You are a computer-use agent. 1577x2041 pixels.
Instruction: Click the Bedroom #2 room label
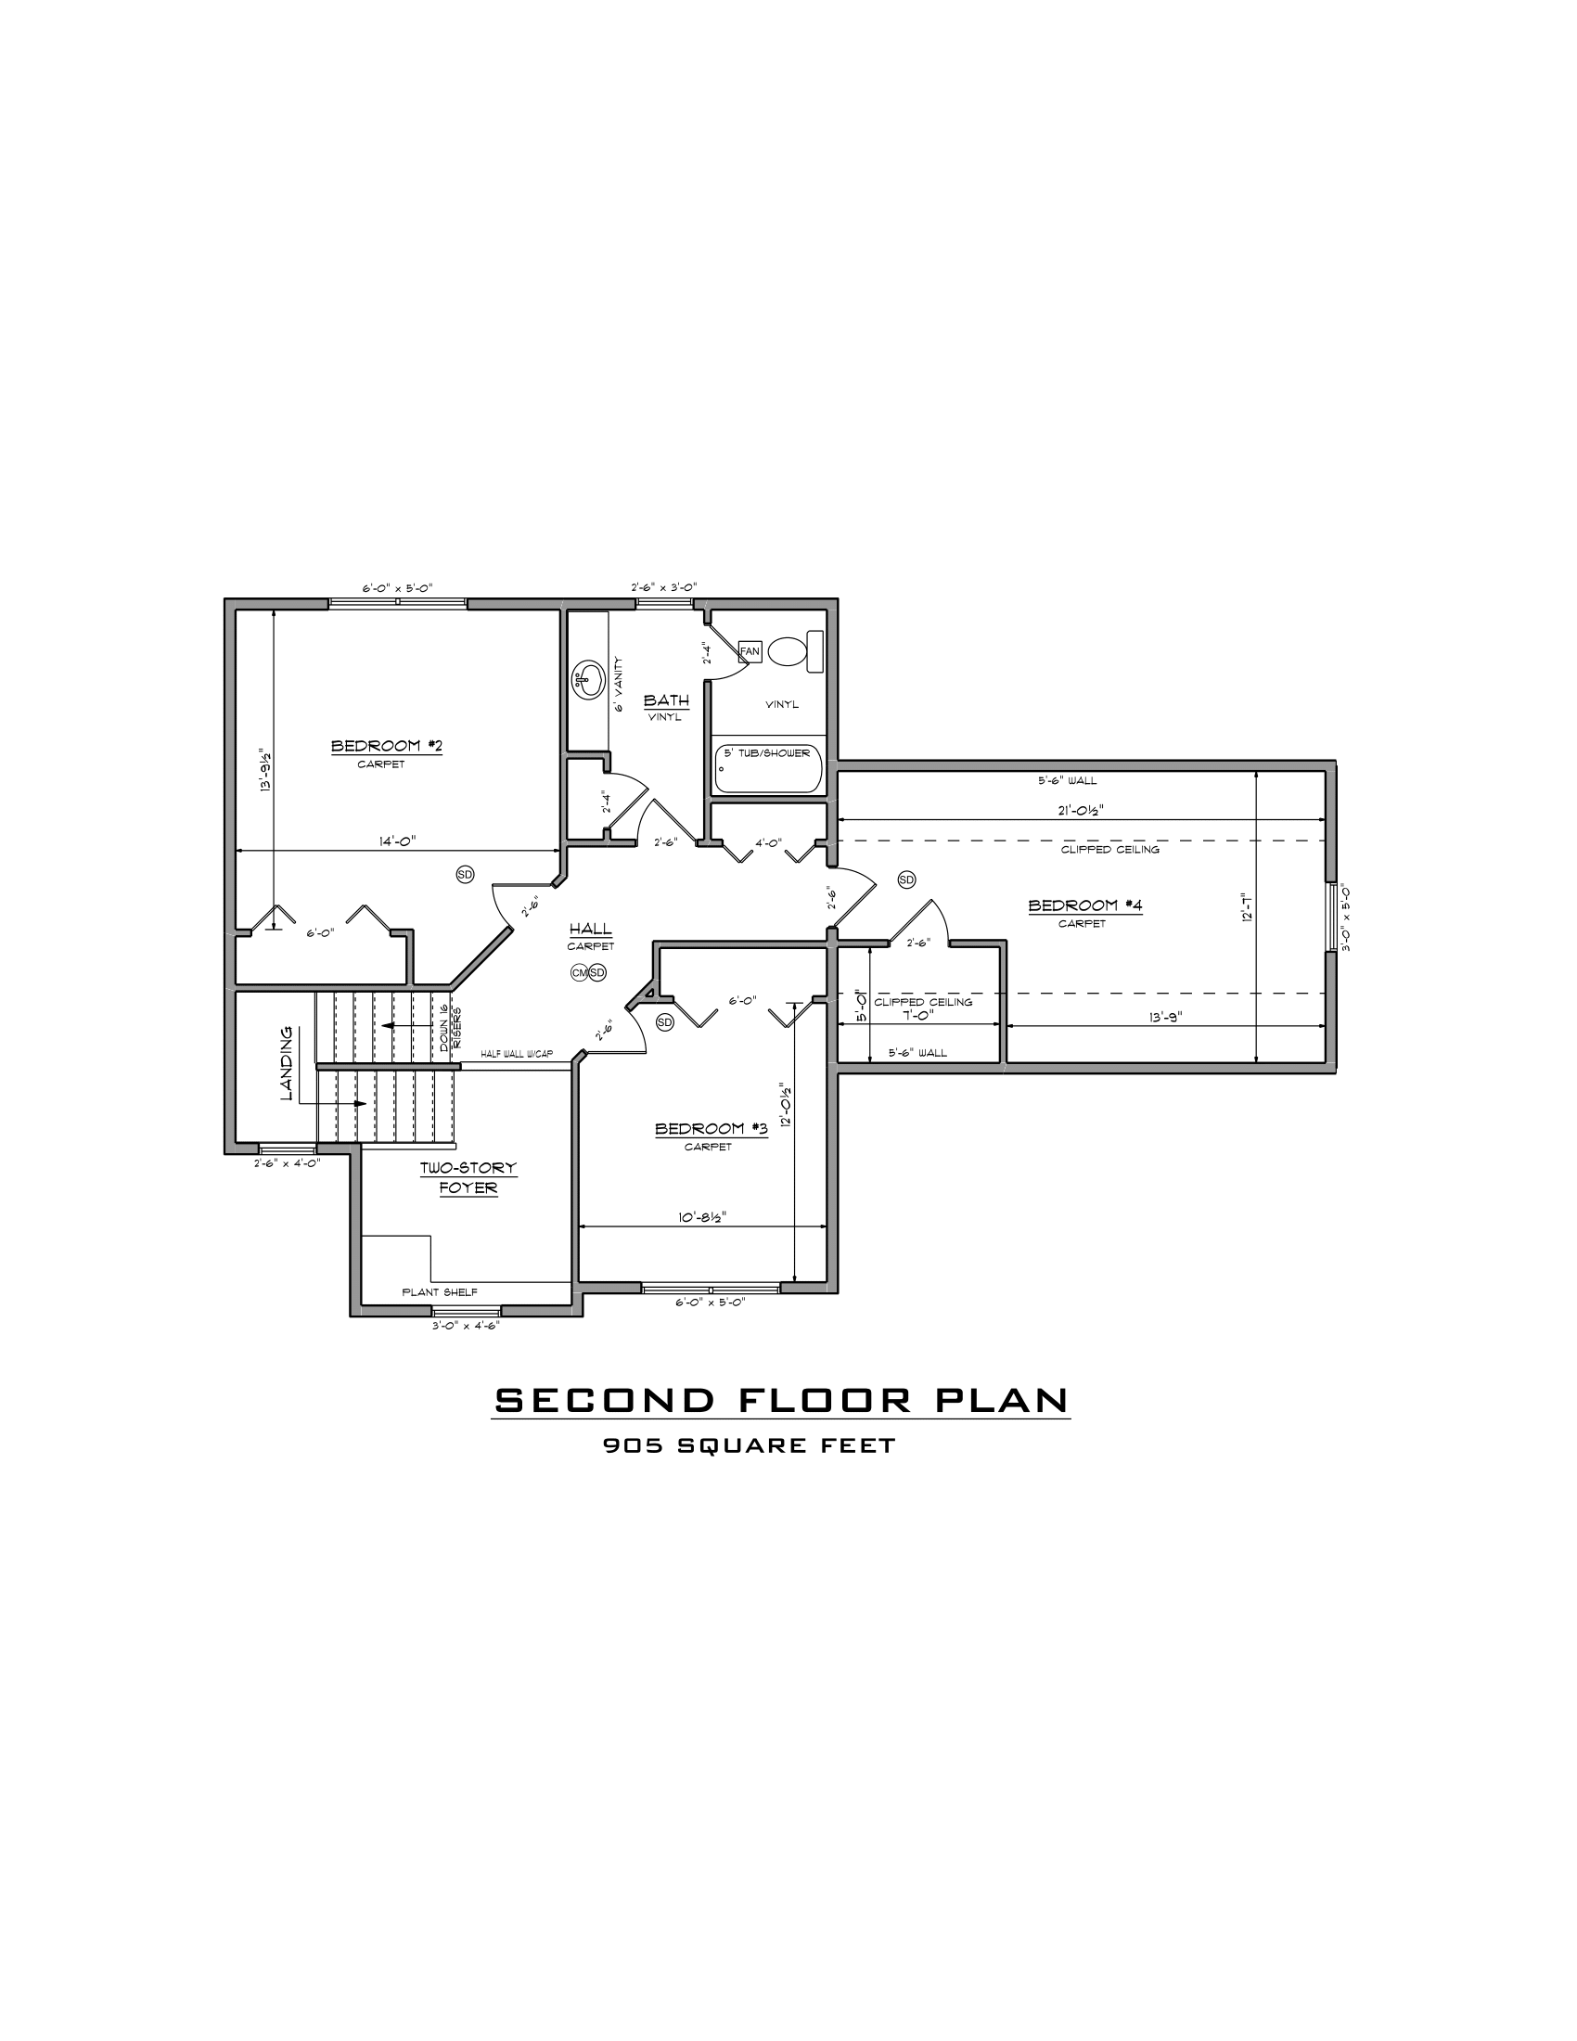coord(386,746)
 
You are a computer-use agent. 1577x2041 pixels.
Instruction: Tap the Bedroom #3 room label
coord(711,1129)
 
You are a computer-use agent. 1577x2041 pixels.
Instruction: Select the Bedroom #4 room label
coord(1084,905)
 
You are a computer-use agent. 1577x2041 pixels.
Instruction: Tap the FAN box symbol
coord(750,651)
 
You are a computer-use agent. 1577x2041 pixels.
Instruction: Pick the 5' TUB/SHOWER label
coord(767,753)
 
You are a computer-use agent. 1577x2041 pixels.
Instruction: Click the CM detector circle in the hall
coord(580,973)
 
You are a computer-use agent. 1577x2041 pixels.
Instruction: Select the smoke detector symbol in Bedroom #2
coord(466,874)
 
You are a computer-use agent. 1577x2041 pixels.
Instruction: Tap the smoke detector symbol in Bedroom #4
coord(906,879)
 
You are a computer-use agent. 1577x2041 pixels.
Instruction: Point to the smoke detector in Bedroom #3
coord(665,1022)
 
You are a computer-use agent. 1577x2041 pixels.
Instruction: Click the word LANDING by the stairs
coord(288,1063)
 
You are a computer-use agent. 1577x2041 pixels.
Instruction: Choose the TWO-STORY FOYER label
coord(468,1178)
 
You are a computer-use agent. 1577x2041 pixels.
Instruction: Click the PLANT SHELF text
coord(439,1292)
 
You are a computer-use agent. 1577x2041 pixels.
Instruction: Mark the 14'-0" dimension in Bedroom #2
coord(397,841)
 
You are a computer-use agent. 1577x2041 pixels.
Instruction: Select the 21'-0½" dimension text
coord(1081,810)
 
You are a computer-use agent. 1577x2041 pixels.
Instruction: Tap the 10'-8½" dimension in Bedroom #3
coord(702,1217)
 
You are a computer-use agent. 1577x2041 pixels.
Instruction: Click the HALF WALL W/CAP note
coord(517,1054)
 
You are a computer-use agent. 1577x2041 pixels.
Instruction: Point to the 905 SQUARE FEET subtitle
coord(750,1445)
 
